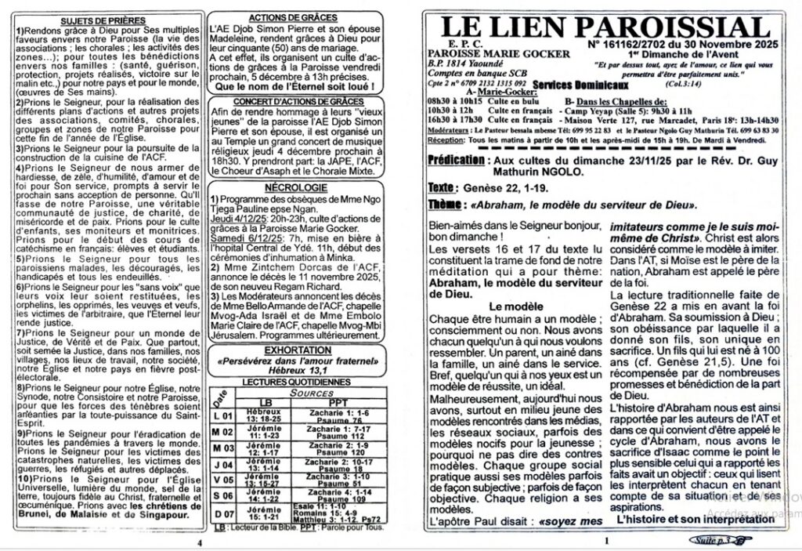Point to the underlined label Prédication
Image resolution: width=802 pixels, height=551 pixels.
point(456,160)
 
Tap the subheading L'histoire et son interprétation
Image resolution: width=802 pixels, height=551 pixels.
point(677,520)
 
